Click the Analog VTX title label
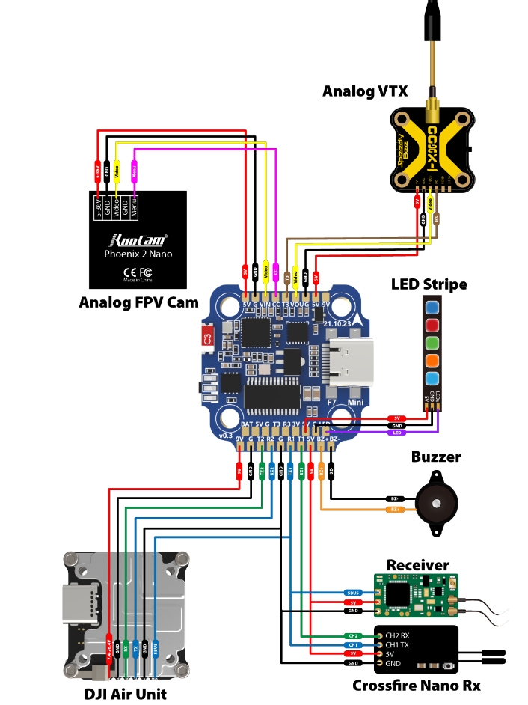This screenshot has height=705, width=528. tap(365, 91)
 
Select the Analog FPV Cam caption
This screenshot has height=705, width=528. tap(139, 302)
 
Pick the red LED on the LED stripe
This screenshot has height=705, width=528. tap(432, 325)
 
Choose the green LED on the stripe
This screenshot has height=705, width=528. tap(432, 344)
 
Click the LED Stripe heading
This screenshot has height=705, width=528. tap(429, 284)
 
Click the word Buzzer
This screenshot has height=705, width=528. tap(436, 457)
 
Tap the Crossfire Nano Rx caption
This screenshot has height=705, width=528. tap(416, 686)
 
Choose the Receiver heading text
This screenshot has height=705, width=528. tap(417, 564)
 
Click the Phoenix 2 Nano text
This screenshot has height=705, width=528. tap(138, 254)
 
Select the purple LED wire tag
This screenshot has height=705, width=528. tap(397, 433)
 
